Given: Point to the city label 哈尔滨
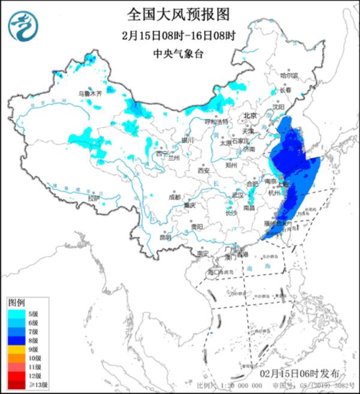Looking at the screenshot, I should [289, 76].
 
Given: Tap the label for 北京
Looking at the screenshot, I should [250, 116].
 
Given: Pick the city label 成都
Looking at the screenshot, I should [174, 196].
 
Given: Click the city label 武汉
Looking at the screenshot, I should [238, 195].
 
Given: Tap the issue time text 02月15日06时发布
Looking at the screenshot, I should [296, 374].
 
